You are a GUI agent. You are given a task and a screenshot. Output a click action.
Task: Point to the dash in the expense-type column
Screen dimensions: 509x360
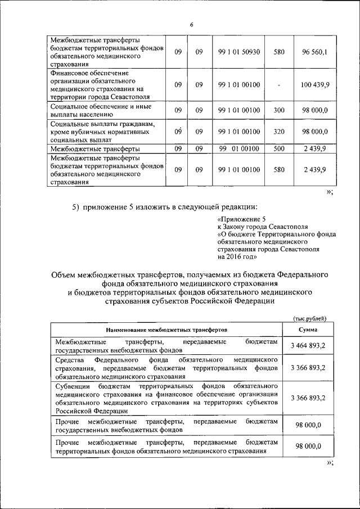(x=279, y=85)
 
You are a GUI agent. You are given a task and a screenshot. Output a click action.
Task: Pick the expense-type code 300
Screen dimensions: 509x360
(x=279, y=110)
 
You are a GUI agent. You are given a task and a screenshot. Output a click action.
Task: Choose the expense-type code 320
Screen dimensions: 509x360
(x=279, y=132)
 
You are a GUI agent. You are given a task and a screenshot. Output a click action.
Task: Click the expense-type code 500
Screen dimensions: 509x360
(x=279, y=148)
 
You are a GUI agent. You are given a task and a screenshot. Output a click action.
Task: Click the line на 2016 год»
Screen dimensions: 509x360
(x=237, y=257)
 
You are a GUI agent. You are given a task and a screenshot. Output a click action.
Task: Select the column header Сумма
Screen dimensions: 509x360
(x=308, y=330)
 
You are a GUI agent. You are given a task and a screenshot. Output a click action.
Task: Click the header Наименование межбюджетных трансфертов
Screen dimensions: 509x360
(x=166, y=330)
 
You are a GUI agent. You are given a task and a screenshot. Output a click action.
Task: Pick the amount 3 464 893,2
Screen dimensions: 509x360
(x=308, y=345)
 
